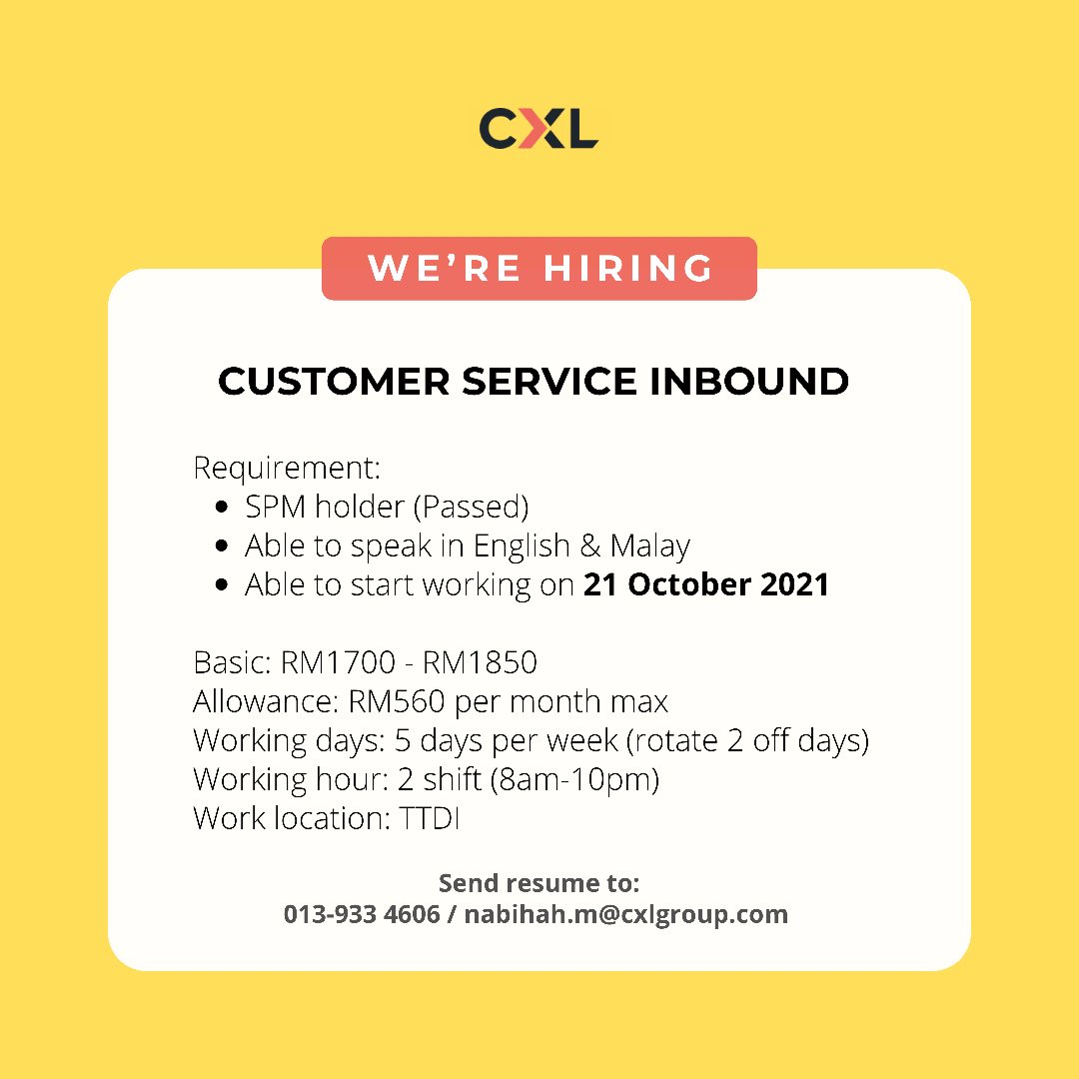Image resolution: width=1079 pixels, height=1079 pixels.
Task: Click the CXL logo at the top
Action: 539,129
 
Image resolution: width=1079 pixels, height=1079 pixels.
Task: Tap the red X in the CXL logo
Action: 539,129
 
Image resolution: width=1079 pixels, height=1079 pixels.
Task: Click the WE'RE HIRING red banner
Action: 539,269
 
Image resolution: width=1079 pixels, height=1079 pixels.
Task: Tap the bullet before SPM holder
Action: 223,508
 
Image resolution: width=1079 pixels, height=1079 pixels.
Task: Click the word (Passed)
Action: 471,508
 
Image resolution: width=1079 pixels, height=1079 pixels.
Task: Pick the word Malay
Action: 650,546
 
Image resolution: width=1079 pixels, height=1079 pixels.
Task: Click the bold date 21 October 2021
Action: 706,584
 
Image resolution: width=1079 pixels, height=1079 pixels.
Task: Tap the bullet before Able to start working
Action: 223,585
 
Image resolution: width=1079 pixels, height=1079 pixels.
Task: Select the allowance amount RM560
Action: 398,701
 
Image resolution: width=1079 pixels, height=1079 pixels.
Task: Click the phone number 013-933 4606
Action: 362,914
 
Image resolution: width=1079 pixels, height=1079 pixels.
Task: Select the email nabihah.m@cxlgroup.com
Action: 626,914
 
